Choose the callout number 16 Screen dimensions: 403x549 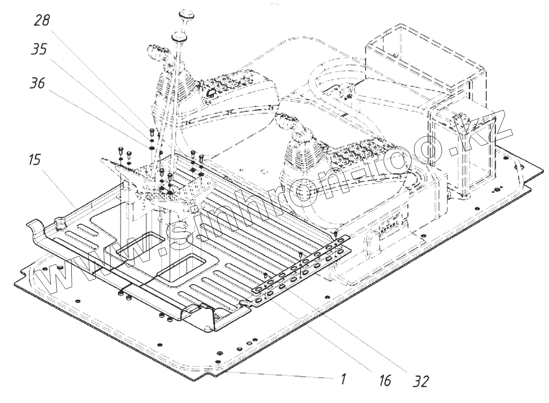(386, 380)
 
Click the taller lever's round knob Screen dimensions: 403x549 (187, 14)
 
